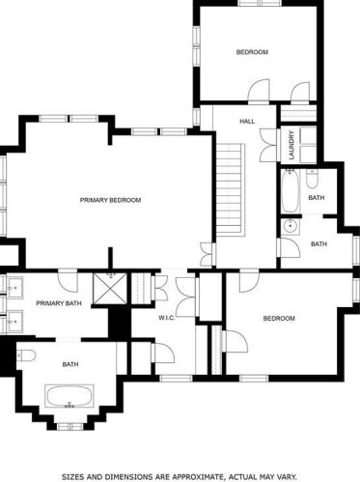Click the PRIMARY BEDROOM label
point(110,200)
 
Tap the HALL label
point(247,121)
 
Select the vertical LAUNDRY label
point(290,145)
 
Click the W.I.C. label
point(166,317)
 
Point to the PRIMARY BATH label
point(57,303)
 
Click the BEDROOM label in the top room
point(252,51)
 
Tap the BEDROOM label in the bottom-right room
point(278,318)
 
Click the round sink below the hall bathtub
point(290,226)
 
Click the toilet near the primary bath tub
point(24,355)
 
